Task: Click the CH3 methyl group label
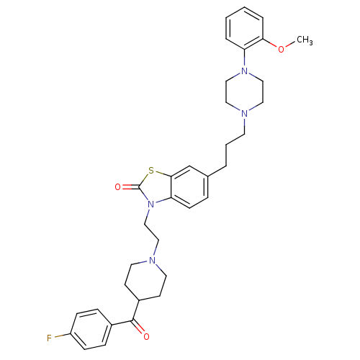click(x=305, y=40)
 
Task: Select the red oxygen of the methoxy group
click(x=281, y=49)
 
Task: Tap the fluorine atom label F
click(x=49, y=338)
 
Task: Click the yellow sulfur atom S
click(x=150, y=171)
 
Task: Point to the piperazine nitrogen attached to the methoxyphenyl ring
click(x=244, y=71)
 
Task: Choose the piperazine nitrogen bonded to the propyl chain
click(x=244, y=113)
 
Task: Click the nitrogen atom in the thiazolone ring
click(x=150, y=204)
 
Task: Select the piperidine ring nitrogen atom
click(x=152, y=261)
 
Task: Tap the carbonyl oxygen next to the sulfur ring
click(x=118, y=187)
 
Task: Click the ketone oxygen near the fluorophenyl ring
click(x=146, y=336)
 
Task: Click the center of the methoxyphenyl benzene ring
click(x=244, y=28)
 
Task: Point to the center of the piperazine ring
click(x=244, y=92)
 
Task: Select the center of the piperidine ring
click(x=145, y=280)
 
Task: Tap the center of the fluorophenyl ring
click(x=91, y=329)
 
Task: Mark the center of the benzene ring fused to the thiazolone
click(x=189, y=187)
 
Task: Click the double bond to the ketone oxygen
click(x=138, y=328)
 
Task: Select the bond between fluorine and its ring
click(x=63, y=336)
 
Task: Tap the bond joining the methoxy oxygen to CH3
click(x=290, y=45)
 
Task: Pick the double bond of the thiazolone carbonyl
click(x=130, y=187)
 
